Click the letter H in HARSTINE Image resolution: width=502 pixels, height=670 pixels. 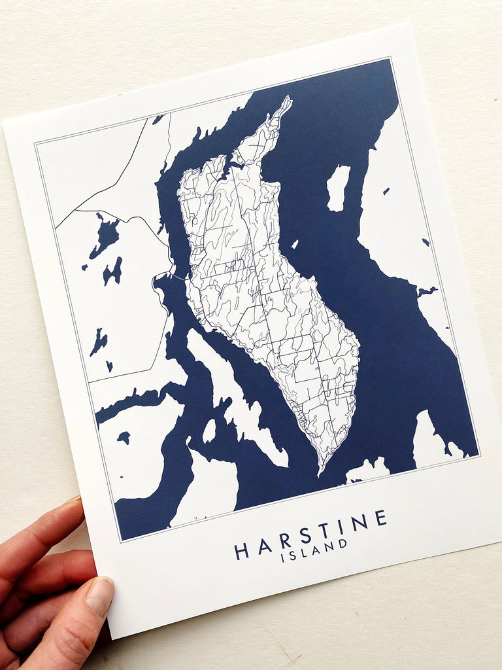pyautogui.click(x=242, y=551)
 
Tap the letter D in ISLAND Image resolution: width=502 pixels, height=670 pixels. pyautogui.click(x=343, y=543)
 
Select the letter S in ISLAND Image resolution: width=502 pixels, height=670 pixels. pyautogui.click(x=293, y=555)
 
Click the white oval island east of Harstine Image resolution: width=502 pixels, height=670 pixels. pyautogui.click(x=338, y=188)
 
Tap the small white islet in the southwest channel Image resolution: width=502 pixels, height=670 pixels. pyautogui.click(x=209, y=431)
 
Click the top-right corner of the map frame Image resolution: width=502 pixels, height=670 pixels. pyautogui.click(x=390, y=58)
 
